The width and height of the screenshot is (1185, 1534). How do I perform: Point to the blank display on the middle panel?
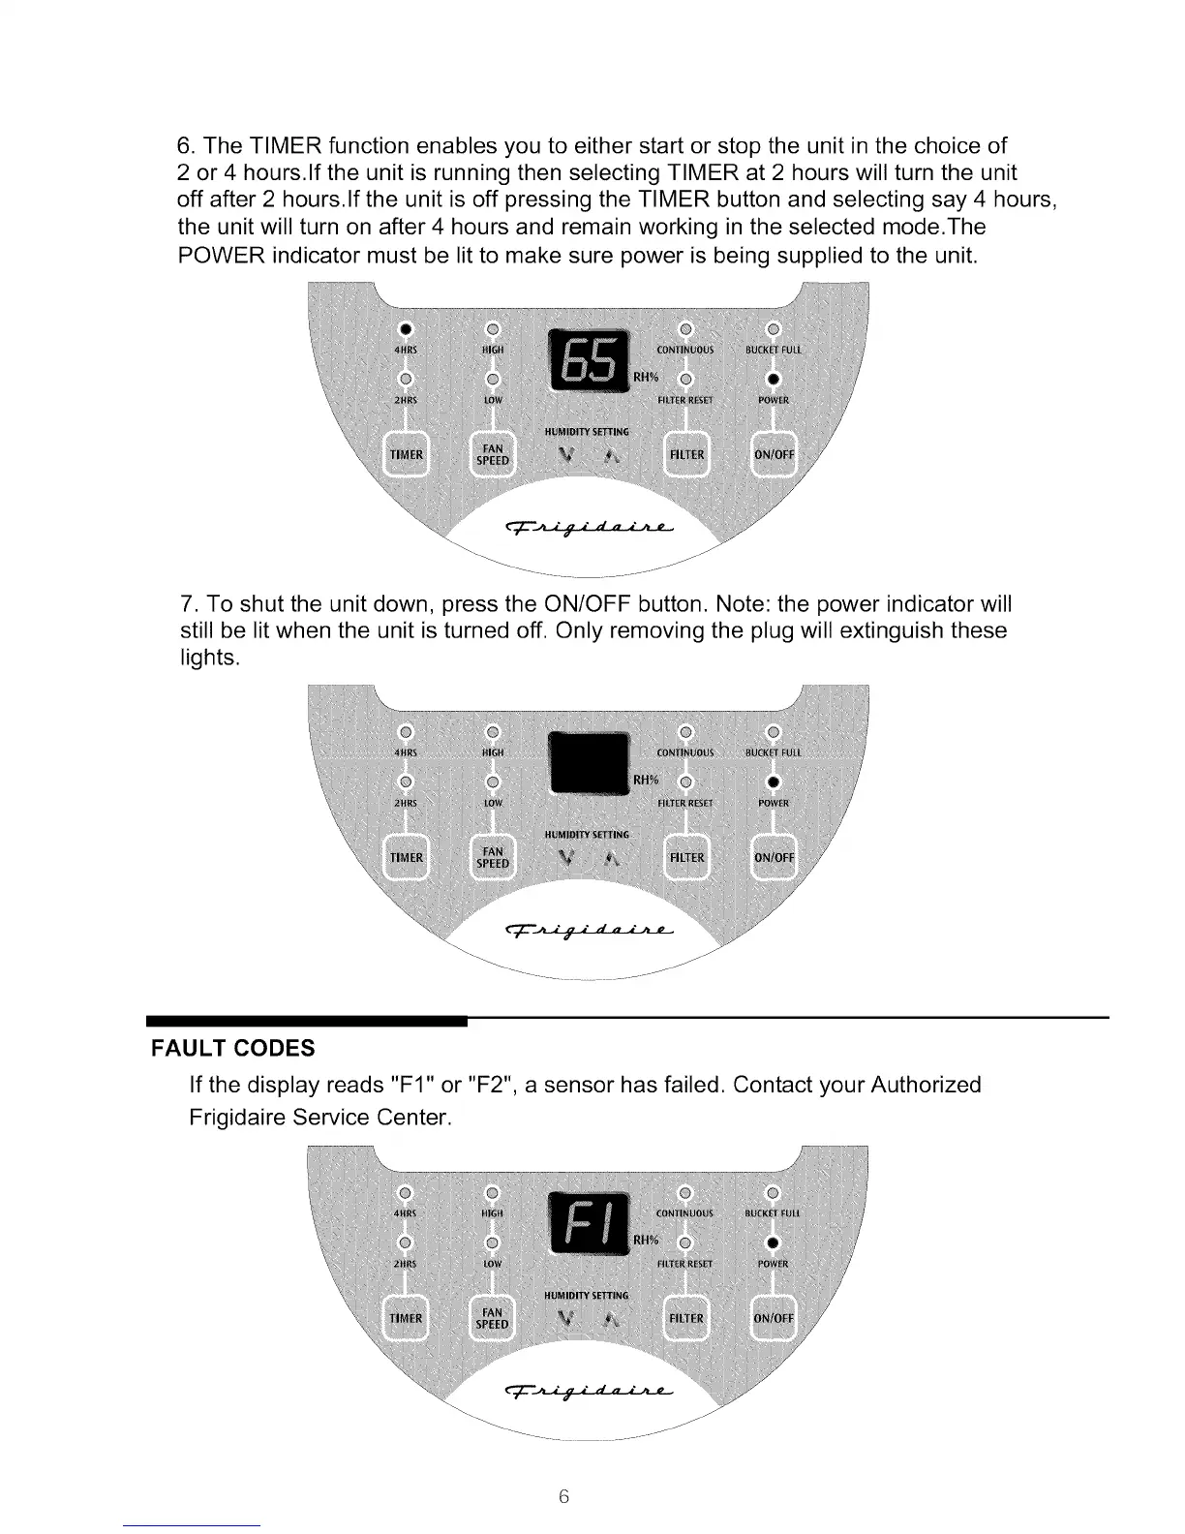(x=589, y=764)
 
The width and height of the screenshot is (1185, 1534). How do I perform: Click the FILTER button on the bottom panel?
(x=686, y=1318)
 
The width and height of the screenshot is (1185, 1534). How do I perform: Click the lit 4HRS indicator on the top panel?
(x=407, y=325)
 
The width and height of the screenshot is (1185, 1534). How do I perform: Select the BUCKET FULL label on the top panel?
(x=774, y=350)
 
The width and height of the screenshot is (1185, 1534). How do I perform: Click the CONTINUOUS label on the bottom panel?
(x=684, y=1212)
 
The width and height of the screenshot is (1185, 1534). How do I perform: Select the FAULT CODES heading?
(x=232, y=1048)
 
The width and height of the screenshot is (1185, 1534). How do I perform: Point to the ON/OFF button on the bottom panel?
(x=774, y=1318)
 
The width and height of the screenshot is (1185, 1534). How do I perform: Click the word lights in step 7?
(x=207, y=659)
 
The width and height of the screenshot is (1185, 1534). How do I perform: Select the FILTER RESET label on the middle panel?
(x=684, y=803)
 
